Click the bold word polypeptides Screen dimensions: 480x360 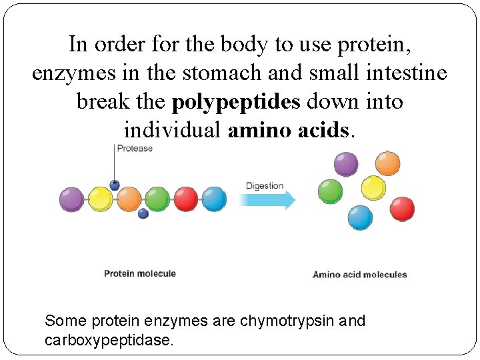click(x=236, y=102)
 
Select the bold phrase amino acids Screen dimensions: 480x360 click(x=289, y=130)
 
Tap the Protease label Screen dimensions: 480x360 click(x=135, y=149)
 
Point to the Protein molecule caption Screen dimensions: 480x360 click(x=140, y=273)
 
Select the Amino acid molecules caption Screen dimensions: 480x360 click(x=359, y=274)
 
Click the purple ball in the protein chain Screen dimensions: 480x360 click(x=71, y=199)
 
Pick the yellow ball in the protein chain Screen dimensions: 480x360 click(x=101, y=199)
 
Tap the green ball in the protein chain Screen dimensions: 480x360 click(x=157, y=199)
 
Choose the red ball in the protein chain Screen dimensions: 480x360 click(x=186, y=199)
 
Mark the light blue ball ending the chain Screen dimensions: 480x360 click(x=214, y=199)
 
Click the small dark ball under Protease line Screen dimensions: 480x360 click(x=115, y=185)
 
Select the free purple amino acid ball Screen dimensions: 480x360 click(x=345, y=163)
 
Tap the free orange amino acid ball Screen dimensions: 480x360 click(x=387, y=163)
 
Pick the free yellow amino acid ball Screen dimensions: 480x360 click(x=373, y=187)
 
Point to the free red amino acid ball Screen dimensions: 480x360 click(x=402, y=209)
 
